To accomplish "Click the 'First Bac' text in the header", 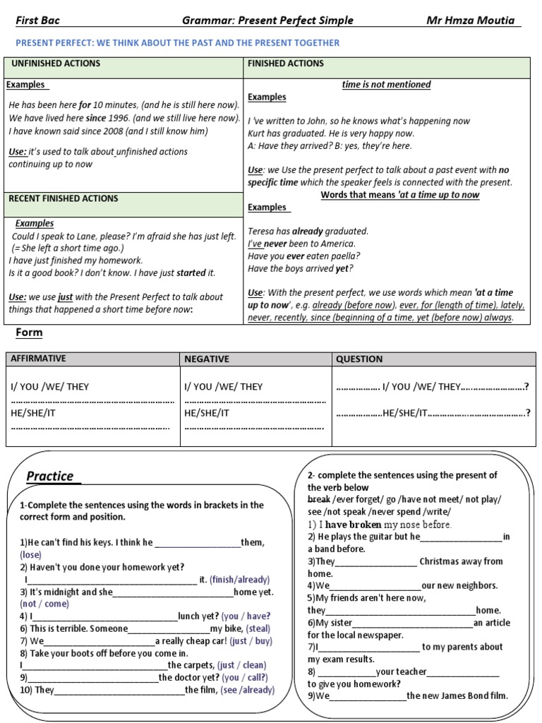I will (37, 20).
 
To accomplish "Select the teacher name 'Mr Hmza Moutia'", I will (474, 20).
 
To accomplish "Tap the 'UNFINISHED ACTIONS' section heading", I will (56, 64).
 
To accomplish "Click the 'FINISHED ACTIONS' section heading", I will (286, 64).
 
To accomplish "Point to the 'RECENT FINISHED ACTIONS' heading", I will (64, 198).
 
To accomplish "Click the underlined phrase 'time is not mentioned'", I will (386, 85).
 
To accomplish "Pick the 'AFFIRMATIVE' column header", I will (38, 359).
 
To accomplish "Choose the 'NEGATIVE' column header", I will (207, 359).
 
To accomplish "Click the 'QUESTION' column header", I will (359, 359).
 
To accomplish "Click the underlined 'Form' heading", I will (29, 333).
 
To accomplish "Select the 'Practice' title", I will (50, 476).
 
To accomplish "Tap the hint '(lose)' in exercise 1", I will (31, 555).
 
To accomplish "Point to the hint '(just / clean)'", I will (242, 665).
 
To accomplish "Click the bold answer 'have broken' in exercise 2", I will (353, 525).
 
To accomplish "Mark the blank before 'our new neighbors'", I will (375, 586).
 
